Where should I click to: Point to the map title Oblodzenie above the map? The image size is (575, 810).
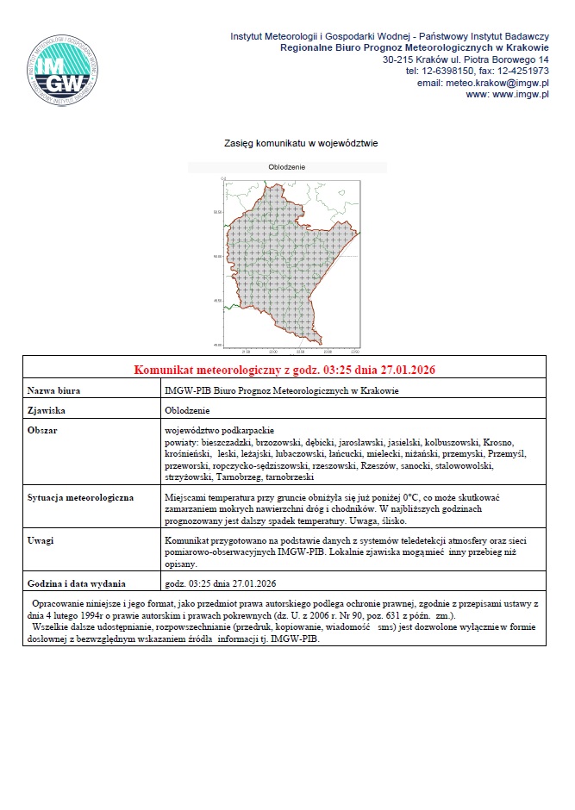click(288, 167)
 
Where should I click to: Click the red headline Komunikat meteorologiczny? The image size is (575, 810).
click(284, 370)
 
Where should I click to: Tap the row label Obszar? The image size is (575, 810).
click(42, 429)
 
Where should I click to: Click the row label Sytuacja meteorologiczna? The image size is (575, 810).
click(80, 499)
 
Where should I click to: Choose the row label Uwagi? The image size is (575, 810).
click(41, 540)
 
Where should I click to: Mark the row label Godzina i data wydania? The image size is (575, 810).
click(77, 583)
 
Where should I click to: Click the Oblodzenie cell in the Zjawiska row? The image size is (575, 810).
click(187, 411)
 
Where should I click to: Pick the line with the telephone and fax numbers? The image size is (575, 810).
click(478, 72)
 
